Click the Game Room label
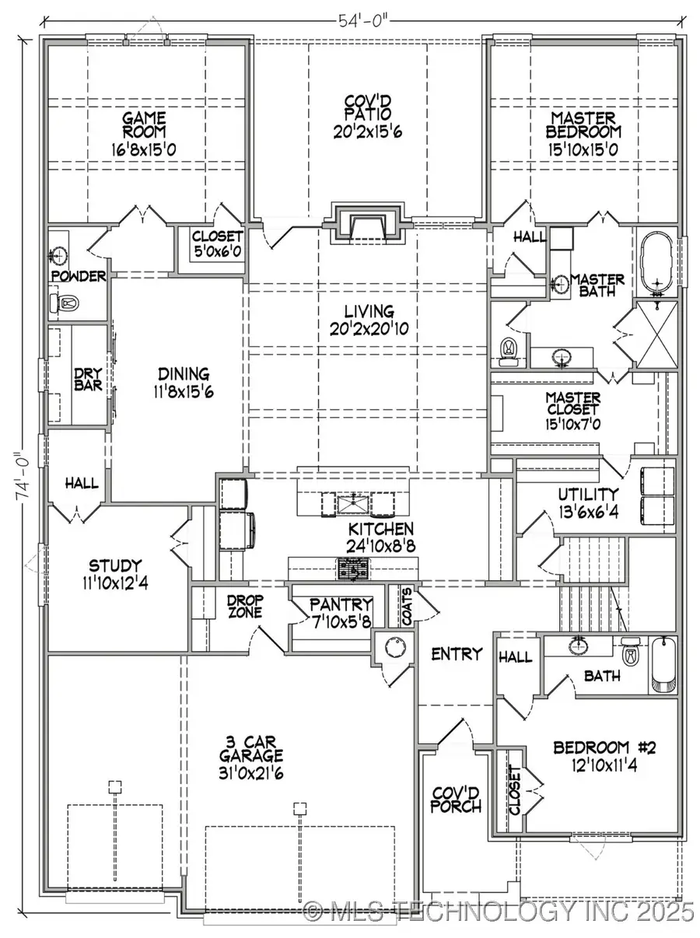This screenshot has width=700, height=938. [144, 125]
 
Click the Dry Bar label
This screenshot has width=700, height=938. [88, 379]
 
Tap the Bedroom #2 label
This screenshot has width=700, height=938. [604, 748]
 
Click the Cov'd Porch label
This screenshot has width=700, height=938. [457, 798]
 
